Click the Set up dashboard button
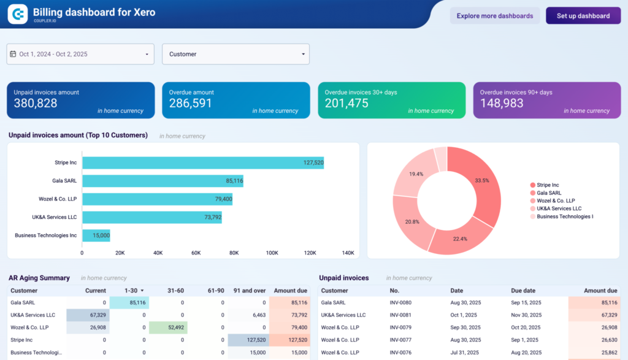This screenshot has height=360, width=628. coord(583,16)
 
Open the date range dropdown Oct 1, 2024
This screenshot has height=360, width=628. coord(80,54)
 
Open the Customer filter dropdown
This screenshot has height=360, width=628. coord(235,54)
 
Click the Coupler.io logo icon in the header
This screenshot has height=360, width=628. coord(18,13)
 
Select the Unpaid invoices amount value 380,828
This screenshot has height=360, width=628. coord(36,104)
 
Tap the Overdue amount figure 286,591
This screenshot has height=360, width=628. coord(191,104)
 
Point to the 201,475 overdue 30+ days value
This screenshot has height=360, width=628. coord(347,104)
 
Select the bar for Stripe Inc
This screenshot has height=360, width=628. coord(202,163)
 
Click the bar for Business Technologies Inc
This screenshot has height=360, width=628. coord(96,235)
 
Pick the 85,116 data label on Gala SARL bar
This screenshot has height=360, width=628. coord(234,181)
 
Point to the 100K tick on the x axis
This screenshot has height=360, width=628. coord(272,253)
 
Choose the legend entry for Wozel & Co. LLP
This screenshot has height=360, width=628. coord(556,201)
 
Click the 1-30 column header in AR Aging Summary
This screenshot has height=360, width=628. coord(132,291)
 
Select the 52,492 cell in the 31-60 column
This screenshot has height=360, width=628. coord(167,327)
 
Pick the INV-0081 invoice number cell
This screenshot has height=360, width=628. coord(400,315)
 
